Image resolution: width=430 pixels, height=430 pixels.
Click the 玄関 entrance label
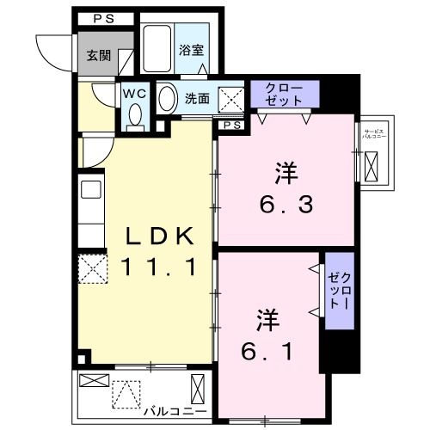(99, 55)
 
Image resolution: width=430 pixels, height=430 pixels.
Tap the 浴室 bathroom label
(191, 49)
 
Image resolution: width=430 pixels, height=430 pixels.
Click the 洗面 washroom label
(197, 98)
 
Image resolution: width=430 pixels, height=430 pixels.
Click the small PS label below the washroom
(231, 126)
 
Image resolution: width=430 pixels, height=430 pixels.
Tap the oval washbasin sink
(167, 98)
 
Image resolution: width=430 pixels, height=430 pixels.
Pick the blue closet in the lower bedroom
(335, 291)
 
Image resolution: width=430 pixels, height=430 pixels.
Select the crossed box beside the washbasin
(230, 98)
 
